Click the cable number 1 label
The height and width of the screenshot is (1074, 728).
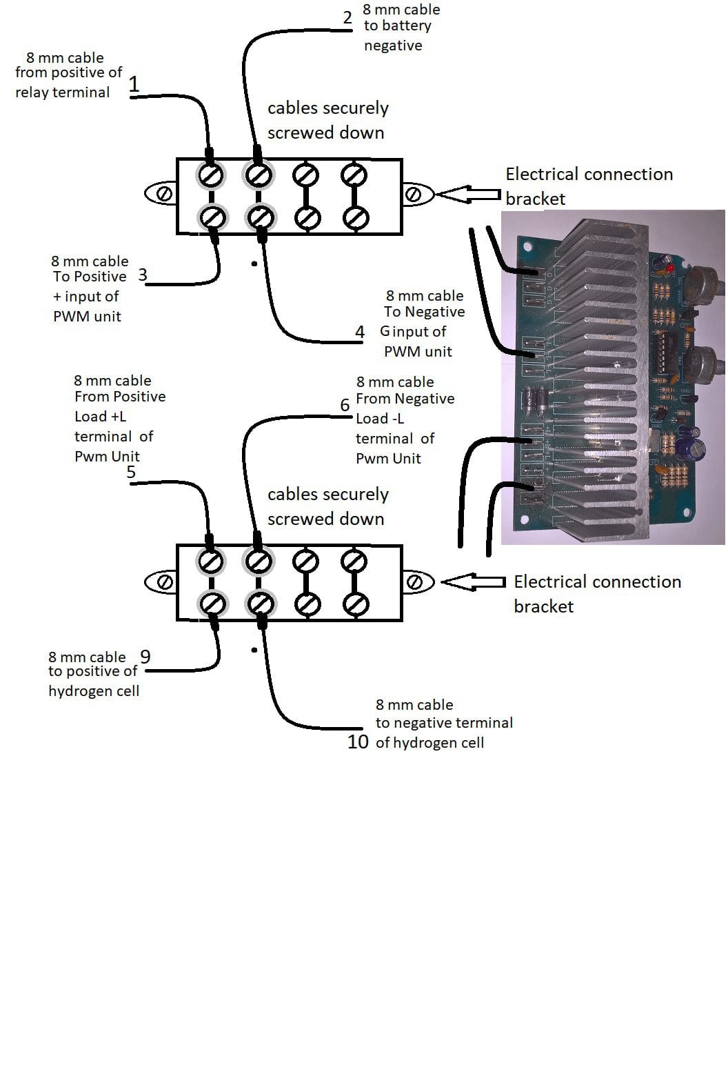click(x=134, y=84)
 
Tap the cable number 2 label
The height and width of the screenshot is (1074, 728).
click(x=347, y=18)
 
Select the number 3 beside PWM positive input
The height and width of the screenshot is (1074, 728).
click(x=142, y=275)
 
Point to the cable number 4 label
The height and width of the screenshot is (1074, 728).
click(x=359, y=332)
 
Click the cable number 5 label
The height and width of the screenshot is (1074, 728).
click(x=131, y=473)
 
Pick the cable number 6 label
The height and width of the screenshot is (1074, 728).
click(x=345, y=405)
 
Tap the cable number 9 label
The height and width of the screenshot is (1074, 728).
click(x=145, y=657)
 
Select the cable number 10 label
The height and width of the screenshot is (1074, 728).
click(x=358, y=742)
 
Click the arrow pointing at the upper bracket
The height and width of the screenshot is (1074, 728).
click(x=469, y=195)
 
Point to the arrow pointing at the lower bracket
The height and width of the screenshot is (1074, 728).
click(x=473, y=582)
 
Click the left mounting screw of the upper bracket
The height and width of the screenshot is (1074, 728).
click(x=165, y=195)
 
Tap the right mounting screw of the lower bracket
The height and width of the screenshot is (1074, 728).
click(x=414, y=582)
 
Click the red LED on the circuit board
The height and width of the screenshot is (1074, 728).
click(x=670, y=267)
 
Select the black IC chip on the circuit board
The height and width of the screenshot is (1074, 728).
click(x=666, y=351)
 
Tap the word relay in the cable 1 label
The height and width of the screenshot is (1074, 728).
click(x=32, y=92)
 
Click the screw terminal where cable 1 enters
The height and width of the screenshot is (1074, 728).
click(x=211, y=175)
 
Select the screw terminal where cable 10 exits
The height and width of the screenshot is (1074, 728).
click(x=260, y=604)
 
